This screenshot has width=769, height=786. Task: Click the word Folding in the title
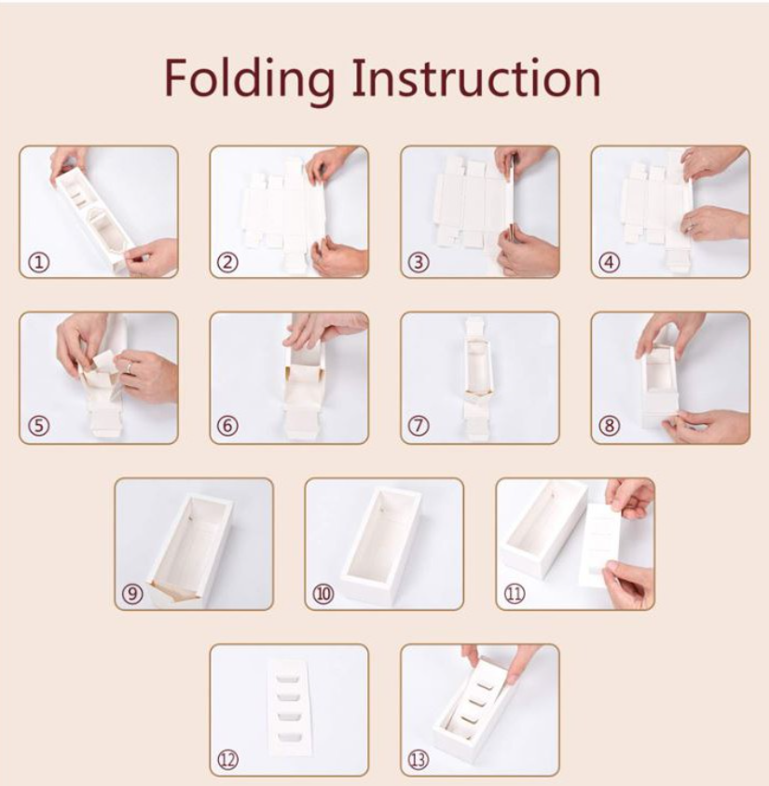249,78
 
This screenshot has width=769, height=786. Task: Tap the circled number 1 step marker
39,262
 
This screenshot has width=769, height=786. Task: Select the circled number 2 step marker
228,262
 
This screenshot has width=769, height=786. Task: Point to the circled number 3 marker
419,262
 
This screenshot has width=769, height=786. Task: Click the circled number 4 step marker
610,262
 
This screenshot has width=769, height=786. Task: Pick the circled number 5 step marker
39,427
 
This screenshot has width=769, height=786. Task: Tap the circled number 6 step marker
228,427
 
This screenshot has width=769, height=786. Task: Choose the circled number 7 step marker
419,427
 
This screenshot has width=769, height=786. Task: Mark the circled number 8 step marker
610,427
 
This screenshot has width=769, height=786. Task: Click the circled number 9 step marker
134,594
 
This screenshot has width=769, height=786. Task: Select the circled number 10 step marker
324,594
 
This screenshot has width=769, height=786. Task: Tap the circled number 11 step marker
515,594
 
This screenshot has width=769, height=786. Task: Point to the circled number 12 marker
228,760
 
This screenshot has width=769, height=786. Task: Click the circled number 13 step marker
419,760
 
